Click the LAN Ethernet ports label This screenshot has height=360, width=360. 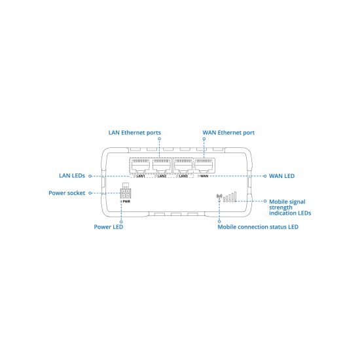[x=135, y=133]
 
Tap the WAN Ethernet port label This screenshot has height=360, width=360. [x=228, y=133]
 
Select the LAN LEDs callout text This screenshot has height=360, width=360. [x=72, y=175]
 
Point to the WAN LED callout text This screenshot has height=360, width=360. [x=281, y=176]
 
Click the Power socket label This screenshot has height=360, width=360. [x=67, y=193]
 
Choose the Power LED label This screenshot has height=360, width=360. [x=109, y=227]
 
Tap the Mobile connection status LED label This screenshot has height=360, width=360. [x=258, y=227]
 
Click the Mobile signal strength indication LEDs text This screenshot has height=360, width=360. [x=290, y=207]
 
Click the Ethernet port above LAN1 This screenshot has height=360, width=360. [x=141, y=166]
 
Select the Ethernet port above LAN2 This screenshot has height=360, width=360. [x=162, y=166]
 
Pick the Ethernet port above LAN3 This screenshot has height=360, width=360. [x=183, y=166]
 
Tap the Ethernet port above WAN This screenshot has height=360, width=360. [x=204, y=166]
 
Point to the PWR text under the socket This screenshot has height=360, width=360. [x=126, y=202]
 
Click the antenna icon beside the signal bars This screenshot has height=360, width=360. [x=219, y=196]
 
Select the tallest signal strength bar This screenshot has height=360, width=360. [x=236, y=196]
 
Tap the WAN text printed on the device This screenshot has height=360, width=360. [x=204, y=176]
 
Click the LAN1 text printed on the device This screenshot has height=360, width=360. [x=141, y=176]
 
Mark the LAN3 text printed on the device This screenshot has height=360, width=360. [x=183, y=176]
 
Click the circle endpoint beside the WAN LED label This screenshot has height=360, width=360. [x=265, y=176]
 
